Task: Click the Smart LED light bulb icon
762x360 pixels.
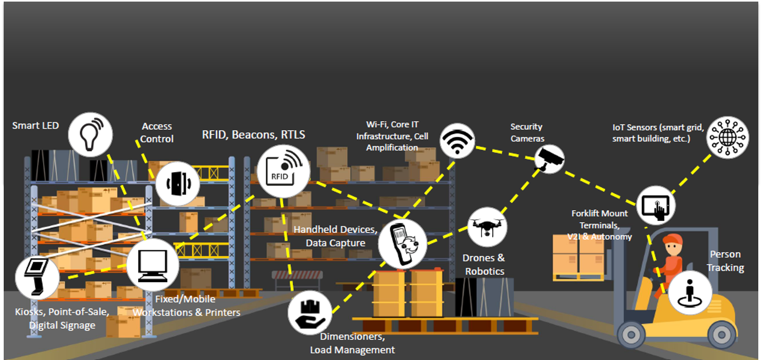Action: (90, 133)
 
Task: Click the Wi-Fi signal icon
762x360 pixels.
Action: (457, 141)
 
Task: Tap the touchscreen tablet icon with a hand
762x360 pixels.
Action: (655, 206)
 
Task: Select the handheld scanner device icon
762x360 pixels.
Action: (402, 244)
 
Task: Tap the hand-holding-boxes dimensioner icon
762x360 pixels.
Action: (310, 312)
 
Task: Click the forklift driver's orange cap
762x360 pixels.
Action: (672, 240)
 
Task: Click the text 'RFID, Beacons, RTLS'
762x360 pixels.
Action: (253, 134)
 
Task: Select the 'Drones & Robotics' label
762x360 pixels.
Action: (484, 265)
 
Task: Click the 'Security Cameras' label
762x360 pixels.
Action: (527, 132)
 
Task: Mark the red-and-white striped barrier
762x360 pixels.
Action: (297, 274)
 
